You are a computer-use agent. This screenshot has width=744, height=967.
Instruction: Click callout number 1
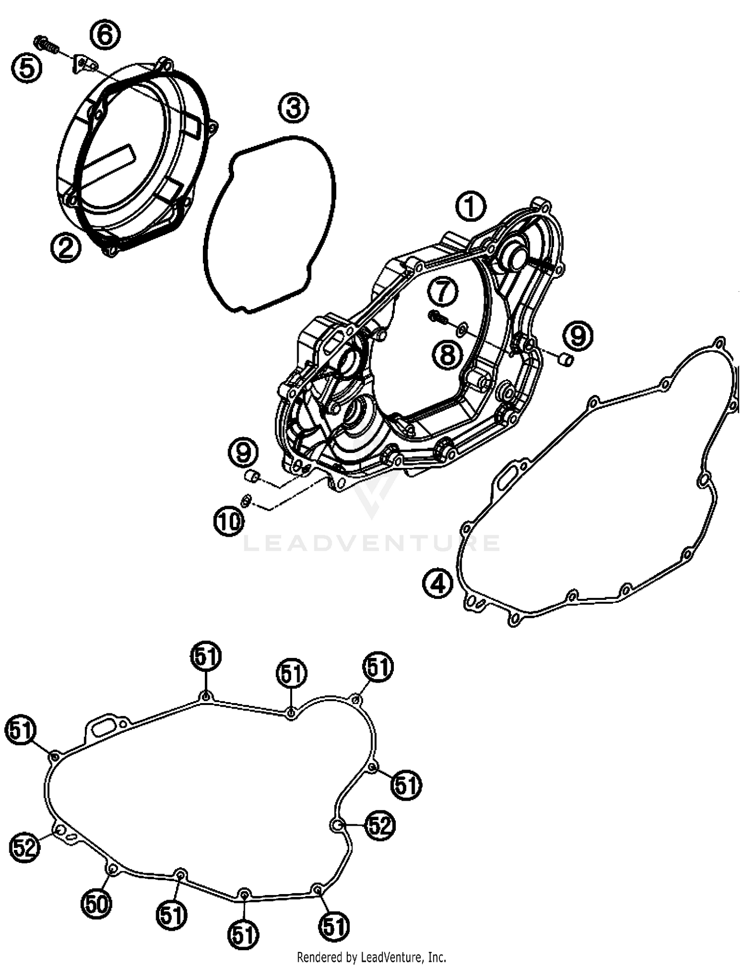(x=470, y=206)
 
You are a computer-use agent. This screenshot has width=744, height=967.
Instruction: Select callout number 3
(x=293, y=108)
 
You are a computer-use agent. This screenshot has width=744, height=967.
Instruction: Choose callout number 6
(x=105, y=36)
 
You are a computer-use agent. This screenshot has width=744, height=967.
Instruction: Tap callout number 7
(x=442, y=291)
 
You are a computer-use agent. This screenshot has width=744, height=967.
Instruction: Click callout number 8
(x=447, y=354)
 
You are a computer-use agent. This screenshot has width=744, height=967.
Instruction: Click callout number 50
(x=97, y=903)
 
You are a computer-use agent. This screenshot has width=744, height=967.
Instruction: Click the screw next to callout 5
(x=47, y=44)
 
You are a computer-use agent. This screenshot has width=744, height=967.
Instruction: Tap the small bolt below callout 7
(x=437, y=318)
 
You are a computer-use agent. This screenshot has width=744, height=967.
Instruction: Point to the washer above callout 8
(x=462, y=328)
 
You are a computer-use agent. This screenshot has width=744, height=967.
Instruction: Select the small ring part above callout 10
(x=246, y=502)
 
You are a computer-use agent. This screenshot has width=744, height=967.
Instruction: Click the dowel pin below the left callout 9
(x=253, y=477)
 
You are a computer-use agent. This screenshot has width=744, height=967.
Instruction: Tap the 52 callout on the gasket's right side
(x=380, y=826)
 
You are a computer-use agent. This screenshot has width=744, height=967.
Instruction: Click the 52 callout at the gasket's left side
(x=25, y=847)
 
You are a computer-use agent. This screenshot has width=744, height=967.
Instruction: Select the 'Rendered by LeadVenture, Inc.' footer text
(x=372, y=957)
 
